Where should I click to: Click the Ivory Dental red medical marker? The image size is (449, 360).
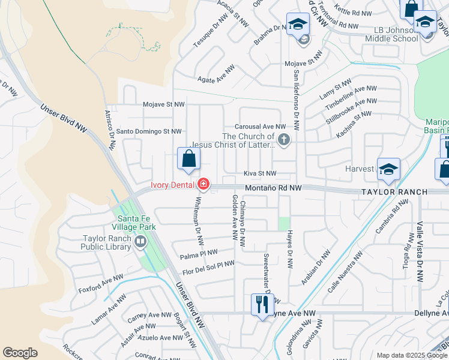point(203,184)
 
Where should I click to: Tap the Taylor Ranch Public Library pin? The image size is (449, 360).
point(140,242)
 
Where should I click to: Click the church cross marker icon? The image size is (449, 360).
point(285,140)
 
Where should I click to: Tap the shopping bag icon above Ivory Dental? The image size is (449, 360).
point(188,159)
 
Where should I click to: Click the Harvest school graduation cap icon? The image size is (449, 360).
point(388,170)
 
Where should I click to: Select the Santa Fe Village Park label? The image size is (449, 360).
point(128,223)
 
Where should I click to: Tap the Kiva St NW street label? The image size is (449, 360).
point(260,173)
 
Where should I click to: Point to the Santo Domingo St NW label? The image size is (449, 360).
point(149,131)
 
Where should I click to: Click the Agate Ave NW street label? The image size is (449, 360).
point(215,79)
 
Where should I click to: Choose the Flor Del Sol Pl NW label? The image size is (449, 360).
point(209,268)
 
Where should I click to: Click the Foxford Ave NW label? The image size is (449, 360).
point(100,284)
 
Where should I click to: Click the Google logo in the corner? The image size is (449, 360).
point(20,353)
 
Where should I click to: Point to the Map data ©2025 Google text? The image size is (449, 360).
point(411,355)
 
